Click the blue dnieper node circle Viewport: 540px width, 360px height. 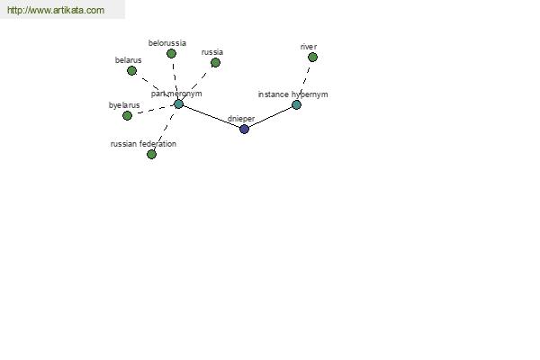point(244,129)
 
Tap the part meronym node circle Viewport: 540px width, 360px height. point(178,104)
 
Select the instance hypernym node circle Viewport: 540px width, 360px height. point(296,105)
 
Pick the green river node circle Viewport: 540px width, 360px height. point(312,57)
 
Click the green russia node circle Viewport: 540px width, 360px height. point(215,62)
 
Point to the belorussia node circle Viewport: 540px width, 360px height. point(171,53)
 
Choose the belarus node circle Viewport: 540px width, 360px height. point(131,70)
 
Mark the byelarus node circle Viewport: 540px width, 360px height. point(127,115)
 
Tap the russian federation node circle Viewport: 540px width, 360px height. point(151,154)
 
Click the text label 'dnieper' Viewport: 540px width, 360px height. point(242,118)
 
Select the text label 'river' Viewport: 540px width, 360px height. point(309,46)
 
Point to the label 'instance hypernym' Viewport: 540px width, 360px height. point(292,94)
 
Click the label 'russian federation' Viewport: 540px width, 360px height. point(143,143)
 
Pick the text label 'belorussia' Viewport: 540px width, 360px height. point(167,42)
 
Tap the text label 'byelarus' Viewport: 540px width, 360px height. point(124,104)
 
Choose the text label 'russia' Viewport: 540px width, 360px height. point(211,51)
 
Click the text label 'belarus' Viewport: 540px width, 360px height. point(128,59)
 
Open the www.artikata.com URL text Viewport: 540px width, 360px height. point(55,10)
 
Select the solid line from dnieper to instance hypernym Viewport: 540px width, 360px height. point(270,117)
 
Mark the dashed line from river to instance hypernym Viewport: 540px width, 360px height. point(305,79)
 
